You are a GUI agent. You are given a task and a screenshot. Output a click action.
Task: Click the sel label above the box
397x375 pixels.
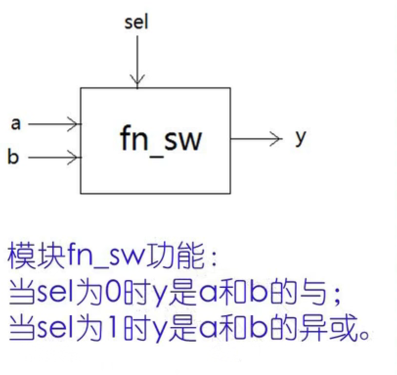tap(136, 22)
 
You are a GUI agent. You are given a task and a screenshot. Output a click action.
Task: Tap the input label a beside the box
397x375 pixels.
tap(16, 124)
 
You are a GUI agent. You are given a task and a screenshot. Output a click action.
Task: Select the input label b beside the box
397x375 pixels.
tap(13, 157)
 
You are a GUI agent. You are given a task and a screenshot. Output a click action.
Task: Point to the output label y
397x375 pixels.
tap(301, 138)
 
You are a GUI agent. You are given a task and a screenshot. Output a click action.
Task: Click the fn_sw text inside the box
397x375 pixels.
tap(161, 139)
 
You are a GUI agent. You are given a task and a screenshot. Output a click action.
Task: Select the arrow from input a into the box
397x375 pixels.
tap(54, 124)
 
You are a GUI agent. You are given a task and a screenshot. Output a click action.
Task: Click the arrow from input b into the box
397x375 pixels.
tap(54, 158)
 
